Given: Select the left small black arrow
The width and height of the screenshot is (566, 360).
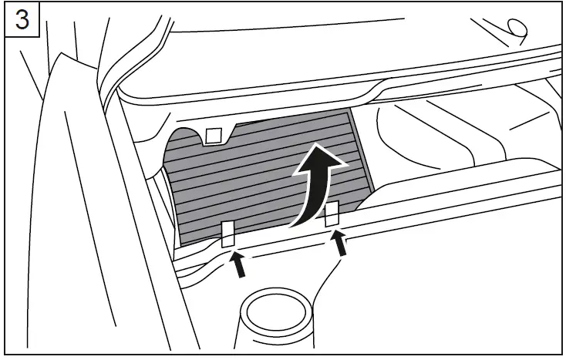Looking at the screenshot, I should (x=239, y=264).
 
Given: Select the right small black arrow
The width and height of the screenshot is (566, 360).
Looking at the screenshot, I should (x=339, y=243).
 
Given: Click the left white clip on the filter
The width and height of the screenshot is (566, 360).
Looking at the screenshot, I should (x=228, y=234).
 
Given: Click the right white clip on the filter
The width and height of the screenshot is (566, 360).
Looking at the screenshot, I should (x=332, y=214).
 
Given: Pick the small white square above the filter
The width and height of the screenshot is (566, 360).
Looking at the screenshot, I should (x=214, y=135).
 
